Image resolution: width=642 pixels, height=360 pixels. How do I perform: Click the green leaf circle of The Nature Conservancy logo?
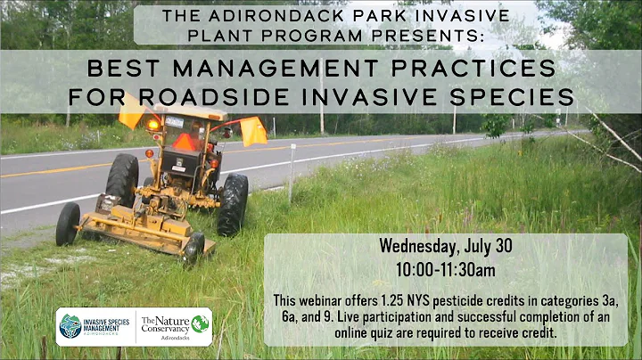(x=200, y=324)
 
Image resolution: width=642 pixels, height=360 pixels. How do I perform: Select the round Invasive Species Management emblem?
(x=70, y=326)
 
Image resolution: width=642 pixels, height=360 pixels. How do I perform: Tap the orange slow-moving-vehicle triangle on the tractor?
(x=185, y=143)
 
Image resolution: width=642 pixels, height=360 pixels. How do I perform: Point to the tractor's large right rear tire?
(x=234, y=203)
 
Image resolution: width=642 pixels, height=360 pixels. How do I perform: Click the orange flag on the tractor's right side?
(x=253, y=132)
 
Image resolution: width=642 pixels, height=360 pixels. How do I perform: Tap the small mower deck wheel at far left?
(x=68, y=224)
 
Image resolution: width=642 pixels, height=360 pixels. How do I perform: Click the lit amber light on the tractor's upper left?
(x=152, y=126)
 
